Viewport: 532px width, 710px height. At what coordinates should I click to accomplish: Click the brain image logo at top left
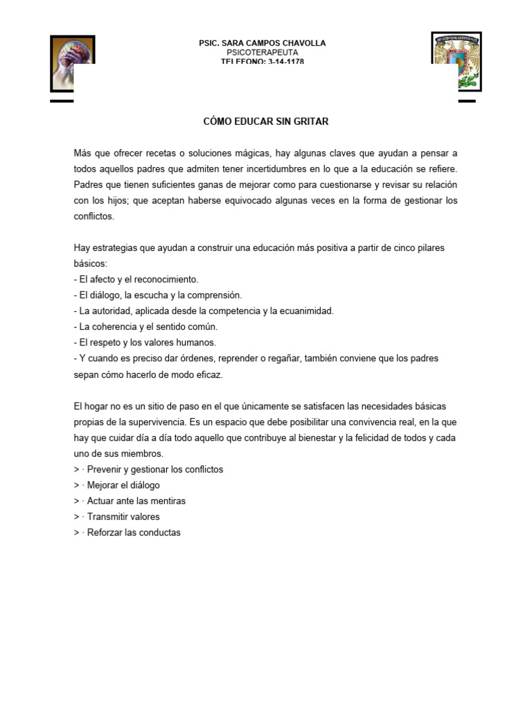72,63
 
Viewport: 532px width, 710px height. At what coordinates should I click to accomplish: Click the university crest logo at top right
456,61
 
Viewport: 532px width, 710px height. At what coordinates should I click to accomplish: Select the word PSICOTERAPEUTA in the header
262,53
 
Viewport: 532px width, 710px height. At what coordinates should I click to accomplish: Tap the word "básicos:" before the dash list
91,264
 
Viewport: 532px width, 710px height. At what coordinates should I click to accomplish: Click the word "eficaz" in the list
210,374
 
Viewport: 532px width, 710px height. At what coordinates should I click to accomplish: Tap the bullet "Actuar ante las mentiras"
136,501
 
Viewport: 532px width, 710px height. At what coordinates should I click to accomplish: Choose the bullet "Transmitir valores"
123,517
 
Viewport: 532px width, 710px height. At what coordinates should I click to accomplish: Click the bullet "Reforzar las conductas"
133,532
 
